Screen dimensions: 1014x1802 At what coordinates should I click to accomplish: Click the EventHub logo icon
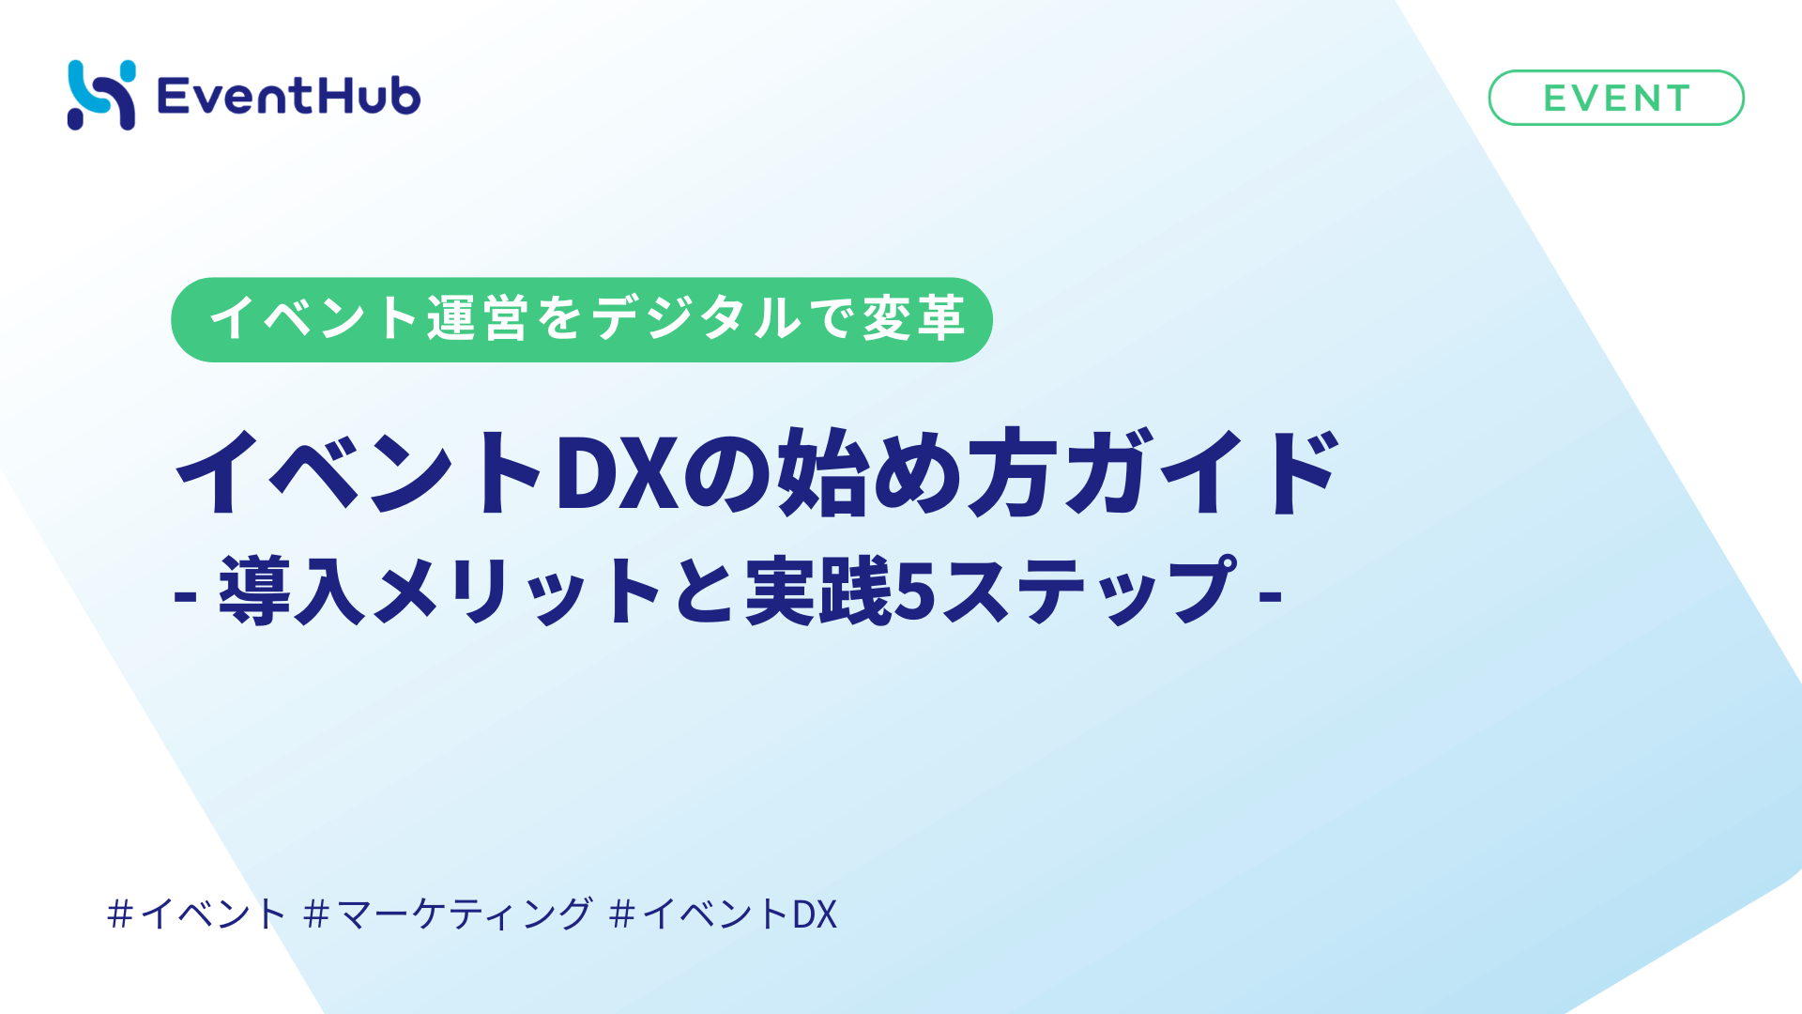click(x=101, y=96)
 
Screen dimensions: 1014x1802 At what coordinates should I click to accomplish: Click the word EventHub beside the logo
click(x=288, y=96)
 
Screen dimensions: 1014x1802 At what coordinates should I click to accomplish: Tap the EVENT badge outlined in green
click(x=1616, y=98)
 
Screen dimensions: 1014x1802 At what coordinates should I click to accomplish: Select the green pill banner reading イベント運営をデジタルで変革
click(x=582, y=319)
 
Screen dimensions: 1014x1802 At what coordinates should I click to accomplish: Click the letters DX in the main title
click(x=617, y=472)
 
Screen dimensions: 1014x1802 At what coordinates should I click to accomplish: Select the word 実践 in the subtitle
click(x=817, y=591)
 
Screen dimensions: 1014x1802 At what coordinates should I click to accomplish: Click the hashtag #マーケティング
click(x=449, y=914)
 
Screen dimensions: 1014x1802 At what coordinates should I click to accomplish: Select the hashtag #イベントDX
click(x=723, y=914)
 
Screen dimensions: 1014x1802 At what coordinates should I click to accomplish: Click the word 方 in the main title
click(x=1008, y=472)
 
